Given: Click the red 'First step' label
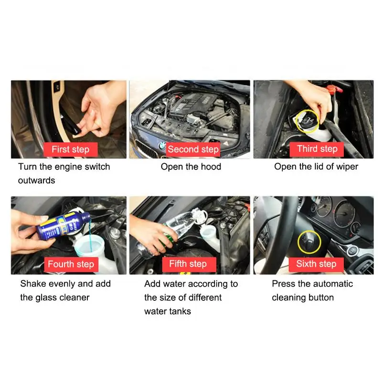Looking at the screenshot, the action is (70, 149).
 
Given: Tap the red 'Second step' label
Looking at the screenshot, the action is (193, 149).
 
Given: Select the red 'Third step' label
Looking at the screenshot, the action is (317, 149).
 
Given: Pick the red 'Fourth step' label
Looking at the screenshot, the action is (71, 265).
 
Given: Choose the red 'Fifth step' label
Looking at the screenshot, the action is (189, 265).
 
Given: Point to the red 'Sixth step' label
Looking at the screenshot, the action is (316, 265).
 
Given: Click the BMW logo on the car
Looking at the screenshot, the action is (162, 146).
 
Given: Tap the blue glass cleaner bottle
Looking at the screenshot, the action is (63, 225).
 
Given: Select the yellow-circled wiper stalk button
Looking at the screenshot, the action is (309, 242).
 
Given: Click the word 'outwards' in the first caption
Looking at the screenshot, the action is (37, 180).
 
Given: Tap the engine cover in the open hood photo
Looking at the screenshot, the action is (192, 104).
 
